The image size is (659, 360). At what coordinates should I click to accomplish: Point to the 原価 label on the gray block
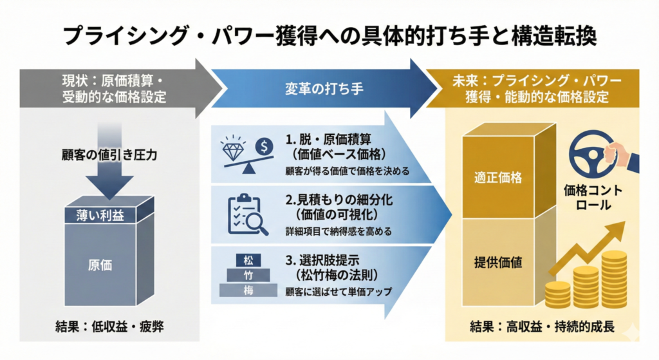(x=99, y=264)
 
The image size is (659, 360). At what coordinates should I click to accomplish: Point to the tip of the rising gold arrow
(x=622, y=225)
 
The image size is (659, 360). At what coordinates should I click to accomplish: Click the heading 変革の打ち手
(x=324, y=88)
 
